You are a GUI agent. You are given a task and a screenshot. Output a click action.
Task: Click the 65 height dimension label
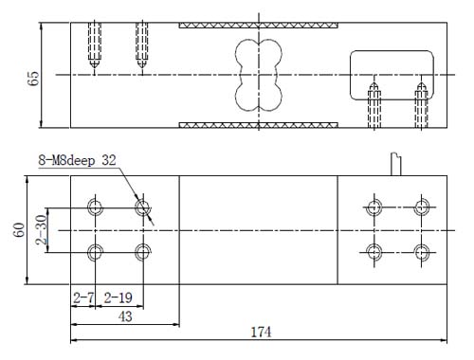(33, 78)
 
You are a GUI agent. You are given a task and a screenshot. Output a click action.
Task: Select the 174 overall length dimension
(261, 333)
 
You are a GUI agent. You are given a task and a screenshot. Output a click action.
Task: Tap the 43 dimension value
(125, 316)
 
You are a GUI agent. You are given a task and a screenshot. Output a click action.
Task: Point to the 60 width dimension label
(20, 229)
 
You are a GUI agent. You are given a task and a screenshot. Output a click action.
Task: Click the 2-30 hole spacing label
(42, 229)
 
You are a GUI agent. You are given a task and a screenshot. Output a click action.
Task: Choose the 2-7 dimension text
(83, 297)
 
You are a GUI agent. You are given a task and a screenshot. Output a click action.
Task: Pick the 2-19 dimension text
(118, 297)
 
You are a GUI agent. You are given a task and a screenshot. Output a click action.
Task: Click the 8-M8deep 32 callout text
(77, 160)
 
